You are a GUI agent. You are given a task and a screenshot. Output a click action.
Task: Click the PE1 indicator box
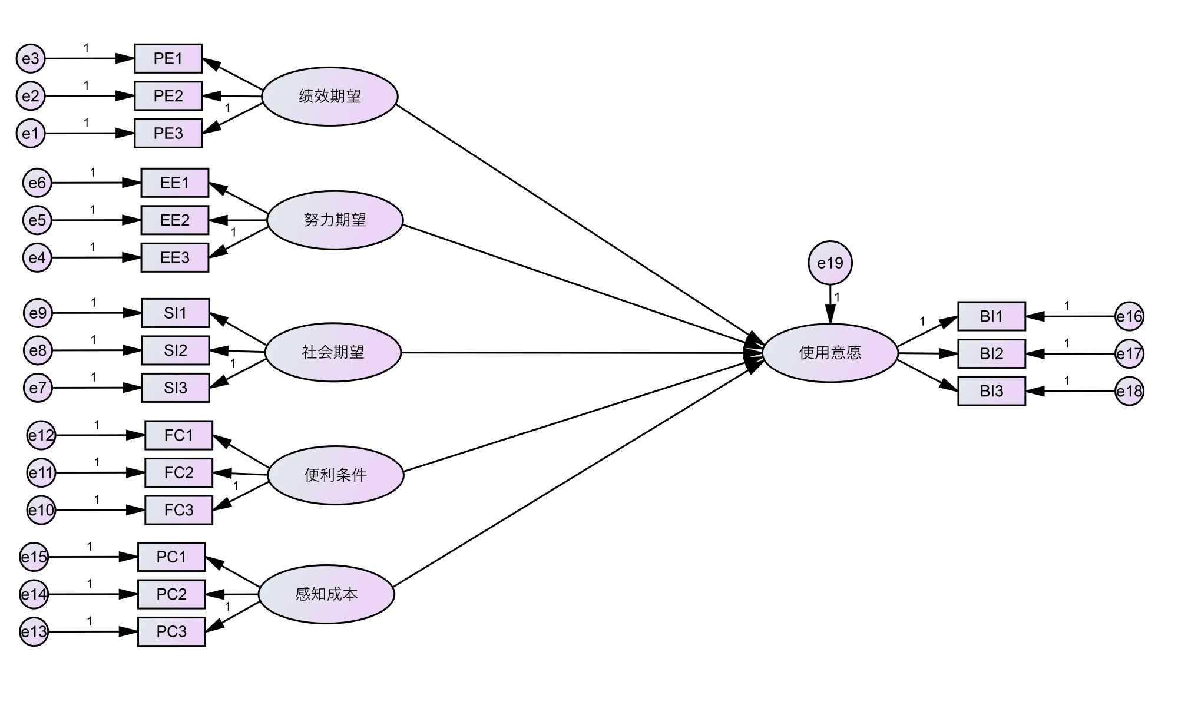point(168,58)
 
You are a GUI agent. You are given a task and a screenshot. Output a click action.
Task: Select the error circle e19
point(830,263)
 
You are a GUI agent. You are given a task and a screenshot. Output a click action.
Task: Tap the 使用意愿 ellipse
point(830,353)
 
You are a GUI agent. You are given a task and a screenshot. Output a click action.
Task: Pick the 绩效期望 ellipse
point(329,96)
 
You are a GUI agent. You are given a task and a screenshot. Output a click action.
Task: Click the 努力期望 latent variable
point(335,220)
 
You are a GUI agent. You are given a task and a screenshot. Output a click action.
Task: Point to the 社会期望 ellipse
point(333,352)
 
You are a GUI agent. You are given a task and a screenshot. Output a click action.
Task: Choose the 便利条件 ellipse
point(335,475)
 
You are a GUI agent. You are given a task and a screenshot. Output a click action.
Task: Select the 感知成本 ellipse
point(326,594)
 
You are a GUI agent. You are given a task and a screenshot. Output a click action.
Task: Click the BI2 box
point(991,353)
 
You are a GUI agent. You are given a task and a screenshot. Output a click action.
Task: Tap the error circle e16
point(1129,316)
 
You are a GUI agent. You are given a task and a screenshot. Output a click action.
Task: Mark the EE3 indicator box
point(175,257)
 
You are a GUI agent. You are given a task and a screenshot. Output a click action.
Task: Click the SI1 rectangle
point(176,313)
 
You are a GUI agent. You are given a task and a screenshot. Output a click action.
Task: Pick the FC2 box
point(178,472)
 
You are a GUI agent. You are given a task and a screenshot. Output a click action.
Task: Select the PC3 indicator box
point(171,631)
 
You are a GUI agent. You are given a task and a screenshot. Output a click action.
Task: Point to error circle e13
point(34,631)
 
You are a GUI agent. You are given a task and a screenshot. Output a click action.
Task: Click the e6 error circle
point(37,183)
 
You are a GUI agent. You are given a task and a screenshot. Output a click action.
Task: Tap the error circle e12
point(41,435)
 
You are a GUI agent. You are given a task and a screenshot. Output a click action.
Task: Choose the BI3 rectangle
point(991,391)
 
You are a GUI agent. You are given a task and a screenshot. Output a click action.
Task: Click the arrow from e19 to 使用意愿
point(830,304)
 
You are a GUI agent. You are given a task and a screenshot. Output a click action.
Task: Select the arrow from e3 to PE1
point(88,58)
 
